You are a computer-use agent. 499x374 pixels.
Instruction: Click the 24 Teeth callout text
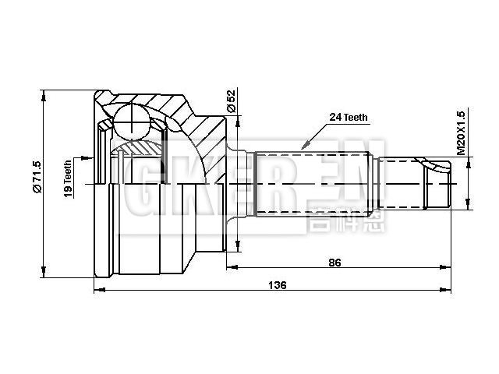(349, 118)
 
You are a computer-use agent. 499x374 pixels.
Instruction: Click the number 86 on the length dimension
(335, 263)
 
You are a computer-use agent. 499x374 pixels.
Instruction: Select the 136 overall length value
(276, 285)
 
